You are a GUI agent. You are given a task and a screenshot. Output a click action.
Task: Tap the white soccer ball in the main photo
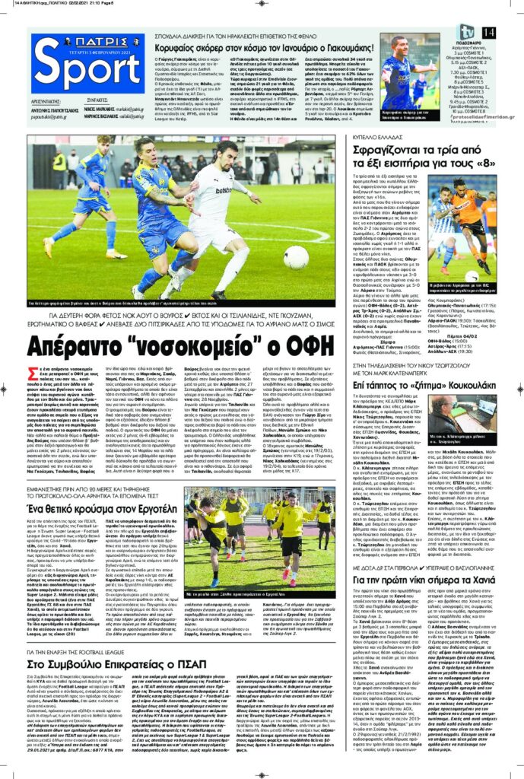pos(296,258)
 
